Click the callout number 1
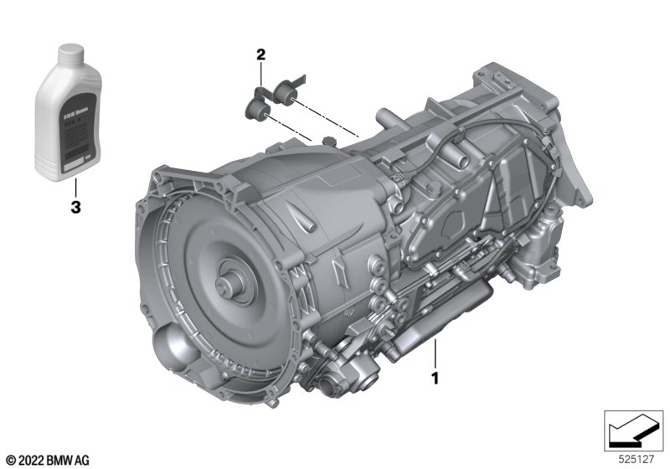pos(435,379)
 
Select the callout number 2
pos(260,55)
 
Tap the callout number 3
pos(75,209)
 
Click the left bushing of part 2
pos(255,109)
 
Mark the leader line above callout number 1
pos(435,353)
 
